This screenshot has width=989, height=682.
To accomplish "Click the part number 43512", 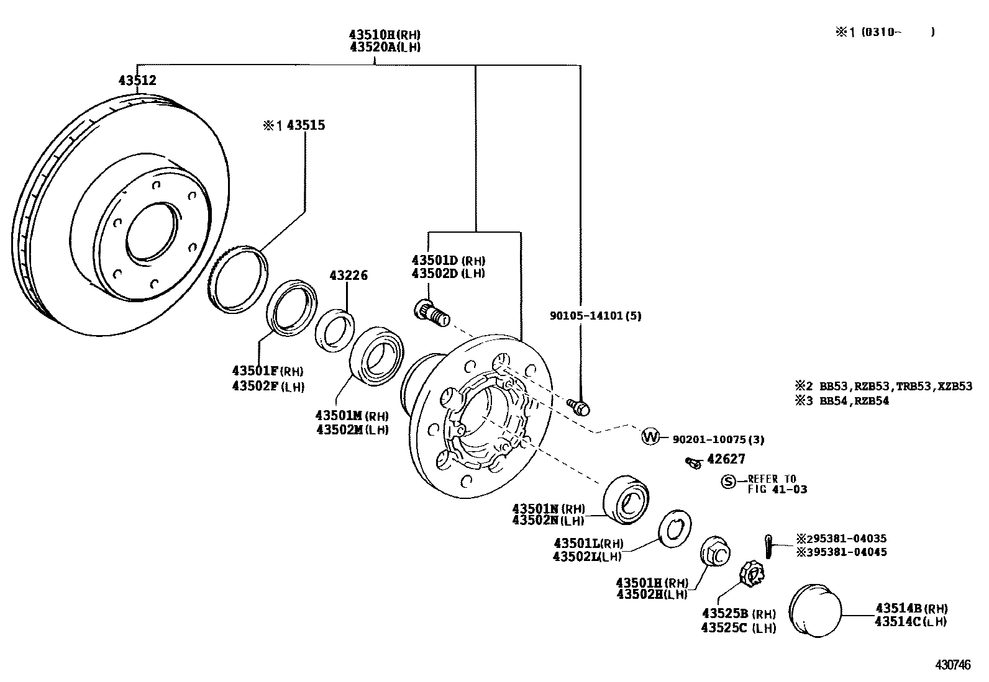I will (x=137, y=80).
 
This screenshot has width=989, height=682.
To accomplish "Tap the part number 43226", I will (x=348, y=275).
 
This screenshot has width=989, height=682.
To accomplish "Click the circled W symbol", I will (x=650, y=437).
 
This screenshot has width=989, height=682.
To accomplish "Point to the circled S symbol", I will (x=728, y=481).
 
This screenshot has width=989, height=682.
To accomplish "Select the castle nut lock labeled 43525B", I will (x=751, y=574).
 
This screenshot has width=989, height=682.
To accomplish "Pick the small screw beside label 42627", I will (x=693, y=462).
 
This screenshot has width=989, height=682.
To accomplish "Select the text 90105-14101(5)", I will (x=595, y=315).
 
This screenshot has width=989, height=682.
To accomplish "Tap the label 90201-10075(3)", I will (x=718, y=439).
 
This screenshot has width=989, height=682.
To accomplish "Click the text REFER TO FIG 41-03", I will (x=777, y=484).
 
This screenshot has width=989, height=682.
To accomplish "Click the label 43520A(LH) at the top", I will (x=385, y=47).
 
